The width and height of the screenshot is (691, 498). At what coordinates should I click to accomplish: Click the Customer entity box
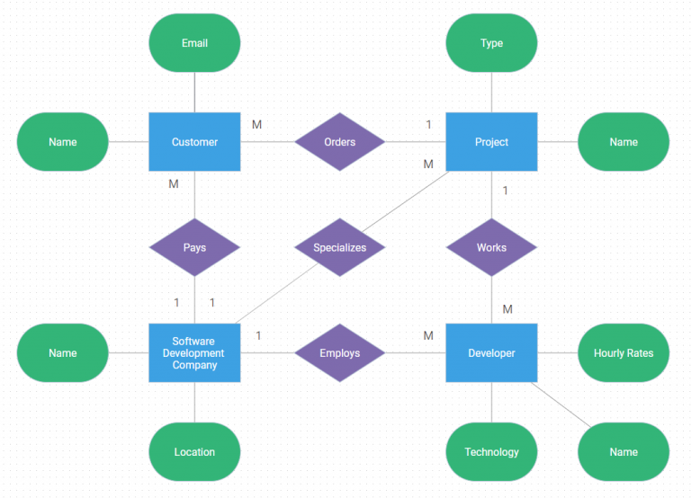194,142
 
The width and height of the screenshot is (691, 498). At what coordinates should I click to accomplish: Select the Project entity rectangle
491,142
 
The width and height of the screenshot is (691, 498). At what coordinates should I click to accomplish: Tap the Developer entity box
491,352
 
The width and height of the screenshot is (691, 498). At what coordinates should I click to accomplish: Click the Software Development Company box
194,352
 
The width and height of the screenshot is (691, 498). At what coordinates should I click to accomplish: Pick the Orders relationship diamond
340,142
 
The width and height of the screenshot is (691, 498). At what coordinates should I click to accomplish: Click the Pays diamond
194,247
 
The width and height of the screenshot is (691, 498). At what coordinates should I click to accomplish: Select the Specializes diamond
340,247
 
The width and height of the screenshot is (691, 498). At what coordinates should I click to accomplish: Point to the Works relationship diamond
491,247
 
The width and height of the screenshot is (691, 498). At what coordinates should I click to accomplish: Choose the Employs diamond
340,352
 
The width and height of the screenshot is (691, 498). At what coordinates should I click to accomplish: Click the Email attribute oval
194,43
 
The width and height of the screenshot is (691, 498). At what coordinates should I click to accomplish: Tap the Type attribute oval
491,43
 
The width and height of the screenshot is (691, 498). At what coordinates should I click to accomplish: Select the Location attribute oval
194,452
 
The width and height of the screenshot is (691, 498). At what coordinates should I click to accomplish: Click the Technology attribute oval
491,452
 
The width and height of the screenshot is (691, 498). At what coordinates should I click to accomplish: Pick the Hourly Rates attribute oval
624,352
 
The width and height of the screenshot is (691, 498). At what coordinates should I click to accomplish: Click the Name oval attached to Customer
63,142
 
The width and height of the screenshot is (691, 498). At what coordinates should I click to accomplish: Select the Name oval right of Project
624,142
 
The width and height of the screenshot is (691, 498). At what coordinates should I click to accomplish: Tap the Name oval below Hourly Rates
624,452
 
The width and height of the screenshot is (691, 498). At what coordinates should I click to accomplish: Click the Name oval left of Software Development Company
63,352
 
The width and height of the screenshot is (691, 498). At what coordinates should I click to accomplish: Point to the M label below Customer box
174,184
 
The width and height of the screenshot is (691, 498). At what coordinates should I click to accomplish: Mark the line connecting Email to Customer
194,92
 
